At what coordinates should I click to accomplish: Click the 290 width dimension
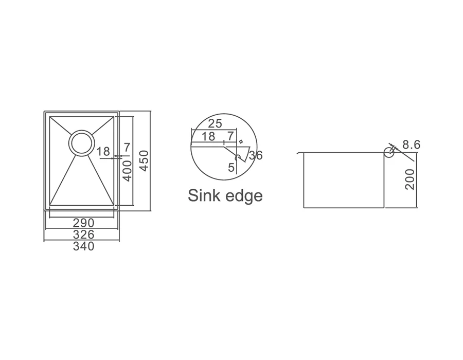[x=83, y=223]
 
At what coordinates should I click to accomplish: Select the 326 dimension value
[x=83, y=235]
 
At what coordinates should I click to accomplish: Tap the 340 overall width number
[x=83, y=246]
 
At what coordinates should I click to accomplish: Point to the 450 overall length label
[x=144, y=161]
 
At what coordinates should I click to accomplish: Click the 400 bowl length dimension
[x=127, y=171]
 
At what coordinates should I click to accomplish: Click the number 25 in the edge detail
[x=215, y=123]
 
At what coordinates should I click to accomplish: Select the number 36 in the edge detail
[x=256, y=155]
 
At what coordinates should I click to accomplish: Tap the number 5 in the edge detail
[x=231, y=168]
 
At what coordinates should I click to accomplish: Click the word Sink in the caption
[x=203, y=195]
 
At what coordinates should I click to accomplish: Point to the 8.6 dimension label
[x=411, y=145]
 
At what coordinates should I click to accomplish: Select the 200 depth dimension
[x=410, y=179]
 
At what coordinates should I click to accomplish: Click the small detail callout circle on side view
[x=389, y=152]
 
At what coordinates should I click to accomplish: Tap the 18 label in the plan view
[x=103, y=152]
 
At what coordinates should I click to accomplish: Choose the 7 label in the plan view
[x=127, y=147]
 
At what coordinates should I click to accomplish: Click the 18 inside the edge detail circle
[x=208, y=136]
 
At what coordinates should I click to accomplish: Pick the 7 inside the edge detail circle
[x=230, y=136]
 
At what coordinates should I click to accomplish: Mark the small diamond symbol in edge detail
[x=241, y=142]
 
